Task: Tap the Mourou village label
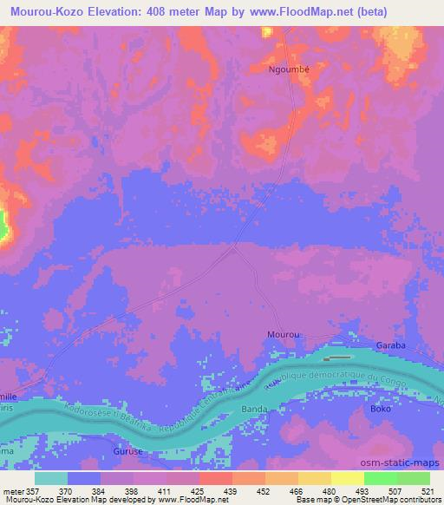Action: pos(282,333)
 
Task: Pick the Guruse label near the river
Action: pos(127,452)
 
